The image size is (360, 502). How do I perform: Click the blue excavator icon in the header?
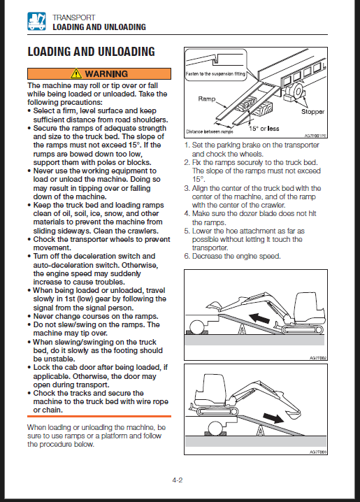pyautogui.click(x=36, y=22)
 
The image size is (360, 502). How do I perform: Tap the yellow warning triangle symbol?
pyautogui.click(x=75, y=73)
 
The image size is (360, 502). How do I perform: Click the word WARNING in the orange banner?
pyautogui.click(x=106, y=74)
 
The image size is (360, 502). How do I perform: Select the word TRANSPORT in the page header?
pyautogui.click(x=74, y=17)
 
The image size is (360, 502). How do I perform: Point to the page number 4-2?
pyautogui.click(x=178, y=480)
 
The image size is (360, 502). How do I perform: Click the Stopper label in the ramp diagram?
pyautogui.click(x=312, y=112)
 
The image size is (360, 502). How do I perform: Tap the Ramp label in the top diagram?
pyautogui.click(x=207, y=99)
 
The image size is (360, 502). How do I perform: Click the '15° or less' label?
pyautogui.click(x=264, y=129)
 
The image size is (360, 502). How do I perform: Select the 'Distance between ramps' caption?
pyautogui.click(x=210, y=131)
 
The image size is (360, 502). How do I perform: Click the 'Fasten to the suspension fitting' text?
pyautogui.click(x=215, y=73)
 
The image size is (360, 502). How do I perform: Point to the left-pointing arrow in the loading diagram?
pyautogui.click(x=259, y=318)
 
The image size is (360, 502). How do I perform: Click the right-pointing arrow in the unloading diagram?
pyautogui.click(x=273, y=418)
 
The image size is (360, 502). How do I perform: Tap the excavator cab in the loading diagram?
pyautogui.click(x=309, y=308)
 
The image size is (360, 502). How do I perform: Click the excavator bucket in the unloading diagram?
pyautogui.click(x=291, y=414)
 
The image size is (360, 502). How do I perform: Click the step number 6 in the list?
pyautogui.click(x=187, y=257)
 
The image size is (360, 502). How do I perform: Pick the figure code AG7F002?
pyautogui.click(x=318, y=358)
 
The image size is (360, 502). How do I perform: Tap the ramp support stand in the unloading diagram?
pyautogui.click(x=261, y=430)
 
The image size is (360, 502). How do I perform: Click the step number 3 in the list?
pyautogui.click(x=187, y=188)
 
